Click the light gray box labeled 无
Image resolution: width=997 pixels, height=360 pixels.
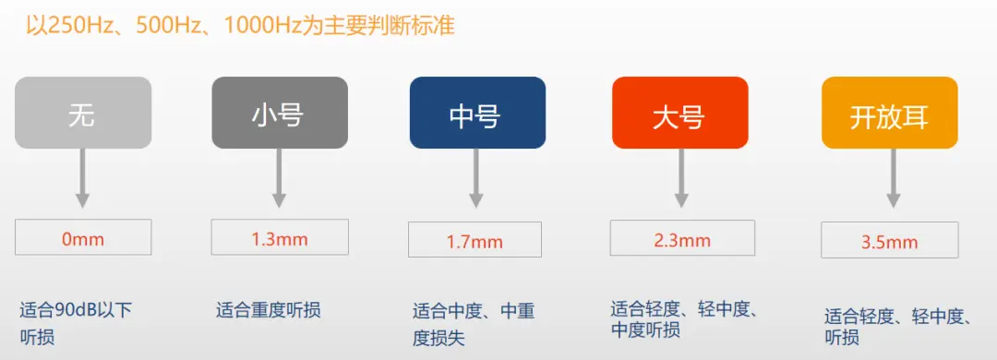point(83,113)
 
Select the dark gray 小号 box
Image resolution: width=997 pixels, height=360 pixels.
point(280,113)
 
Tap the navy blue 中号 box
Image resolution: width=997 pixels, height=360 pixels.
point(477,113)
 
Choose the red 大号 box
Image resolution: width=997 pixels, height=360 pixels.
point(679,113)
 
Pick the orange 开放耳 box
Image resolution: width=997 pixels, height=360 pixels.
point(890,113)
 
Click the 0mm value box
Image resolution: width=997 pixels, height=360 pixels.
point(83,237)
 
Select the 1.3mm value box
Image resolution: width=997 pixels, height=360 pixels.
point(280,237)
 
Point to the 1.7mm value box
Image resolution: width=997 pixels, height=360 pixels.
point(475,240)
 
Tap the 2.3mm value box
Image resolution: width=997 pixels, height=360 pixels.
point(682,238)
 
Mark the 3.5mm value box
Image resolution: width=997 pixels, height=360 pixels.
point(890,240)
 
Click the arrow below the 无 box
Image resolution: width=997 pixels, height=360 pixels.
point(82,178)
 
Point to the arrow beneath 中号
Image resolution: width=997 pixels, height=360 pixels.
point(475,178)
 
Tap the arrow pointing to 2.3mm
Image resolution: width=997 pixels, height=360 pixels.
point(681,178)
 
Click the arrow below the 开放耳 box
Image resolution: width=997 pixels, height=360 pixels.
point(894,178)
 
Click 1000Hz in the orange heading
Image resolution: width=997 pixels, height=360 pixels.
point(263,26)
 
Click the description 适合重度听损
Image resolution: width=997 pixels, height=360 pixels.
point(269,310)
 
